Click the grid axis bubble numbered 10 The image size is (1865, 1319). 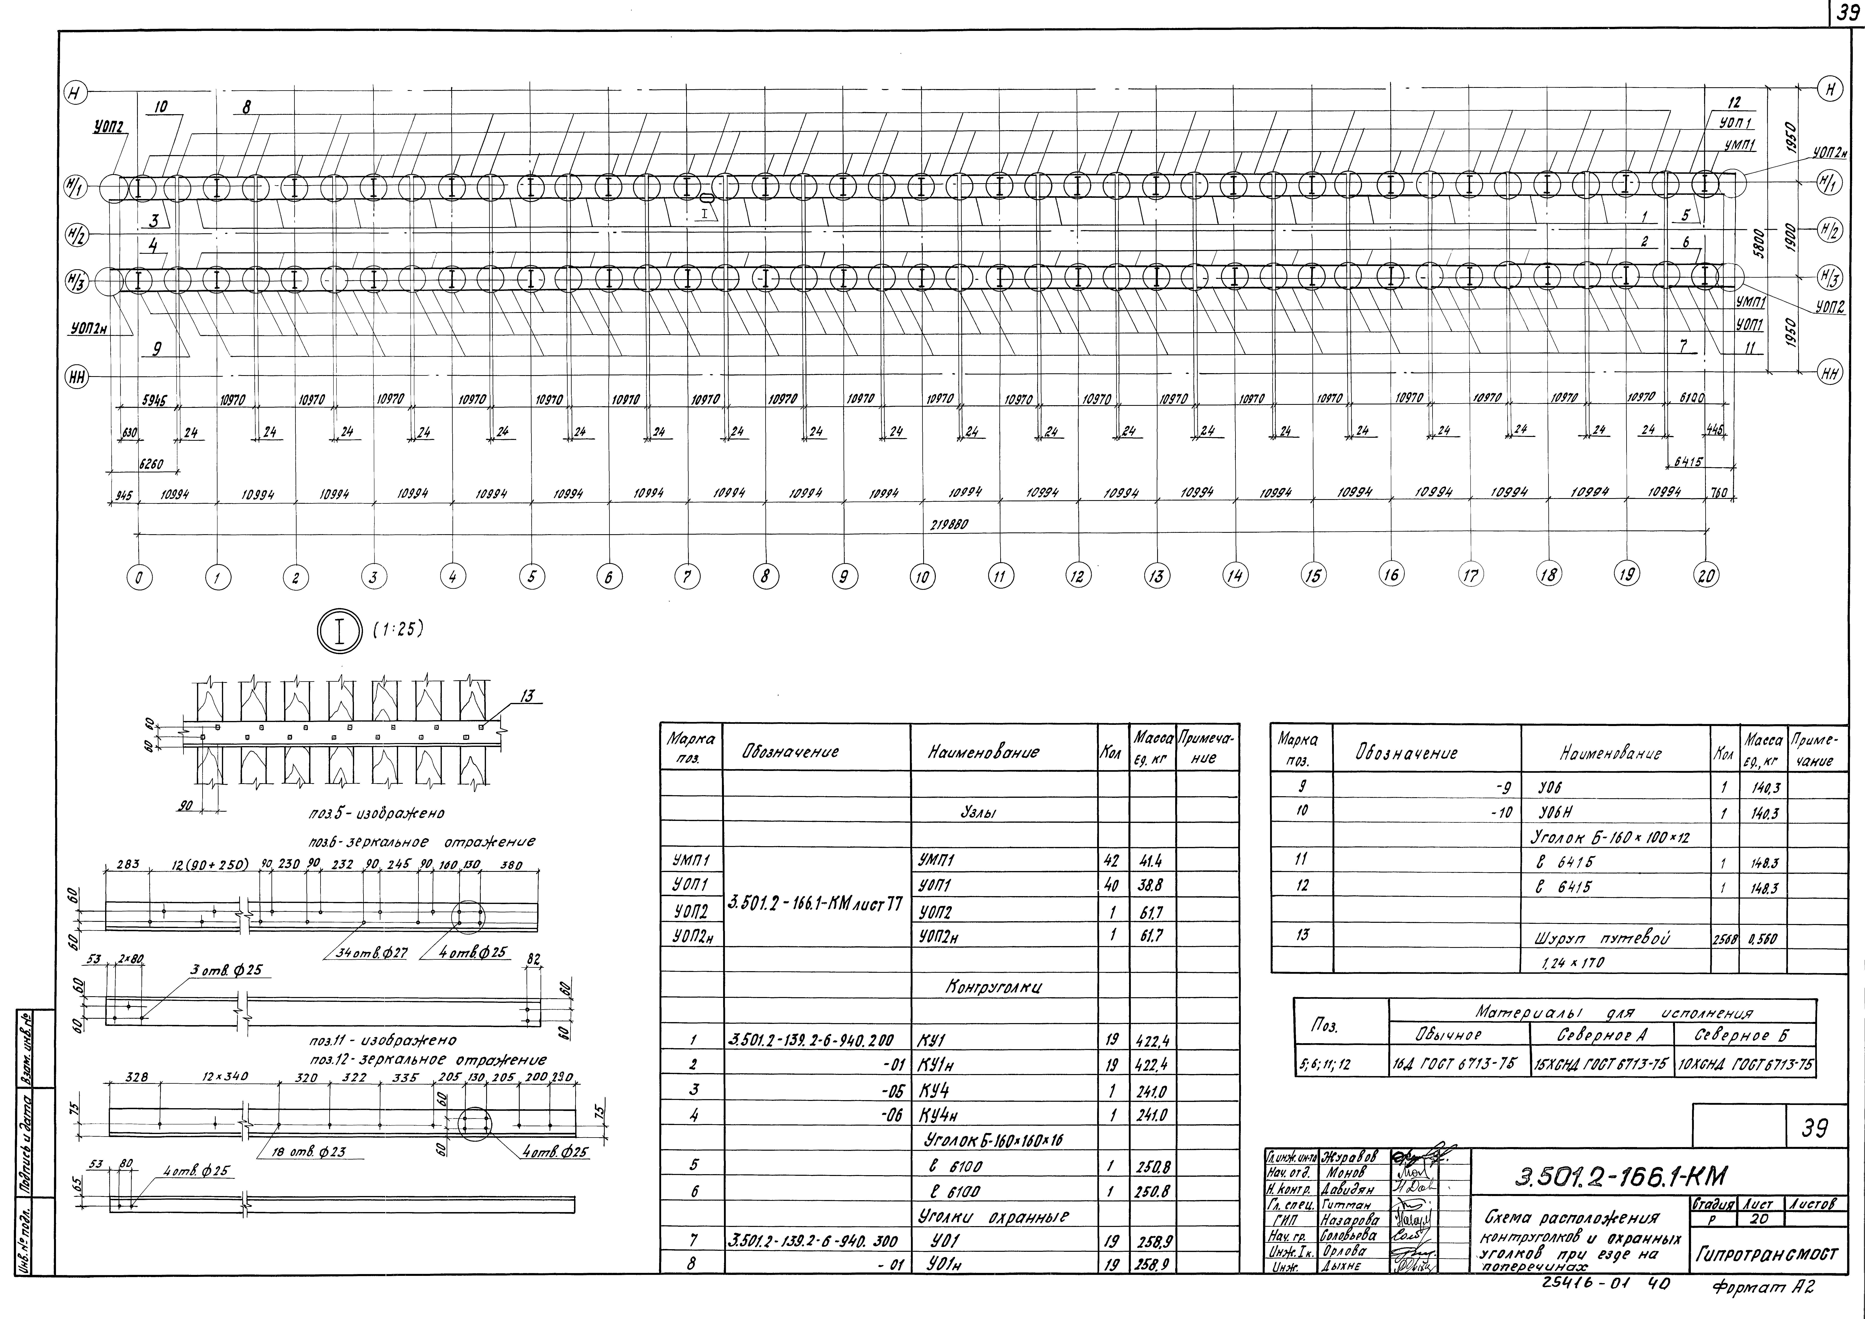(x=922, y=578)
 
